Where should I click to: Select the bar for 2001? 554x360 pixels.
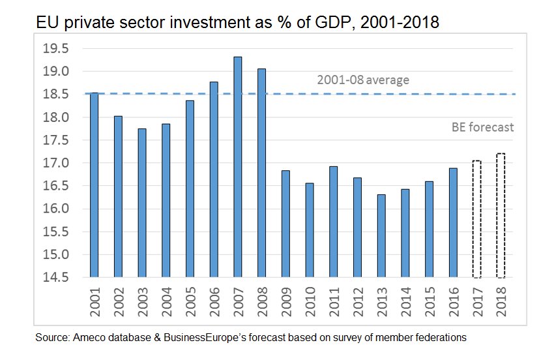(x=94, y=185)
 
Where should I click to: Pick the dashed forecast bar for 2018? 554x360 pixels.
(x=501, y=215)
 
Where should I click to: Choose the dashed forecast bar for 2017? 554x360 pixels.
(x=476, y=219)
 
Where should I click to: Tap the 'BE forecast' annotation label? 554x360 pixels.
(x=482, y=128)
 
